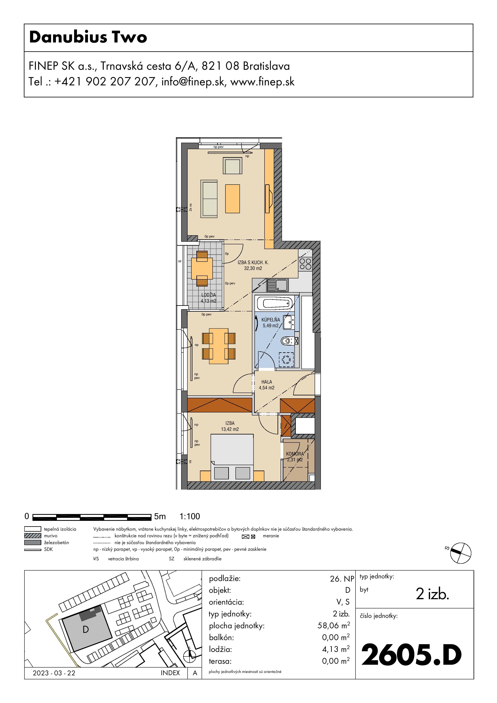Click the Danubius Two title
pos(88,37)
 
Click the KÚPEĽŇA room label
pos(271,320)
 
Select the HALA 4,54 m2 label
pos(267,385)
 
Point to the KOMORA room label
pos(295,454)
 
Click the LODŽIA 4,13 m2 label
pos(209,298)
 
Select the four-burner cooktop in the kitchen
pos(305,264)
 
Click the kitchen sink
pos(277,285)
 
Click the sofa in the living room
pos(209,199)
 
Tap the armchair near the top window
pos(232,166)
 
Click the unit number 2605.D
pos(412,655)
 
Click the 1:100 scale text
pos(190,516)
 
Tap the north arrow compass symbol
pos(461,553)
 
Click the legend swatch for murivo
pos(32,535)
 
